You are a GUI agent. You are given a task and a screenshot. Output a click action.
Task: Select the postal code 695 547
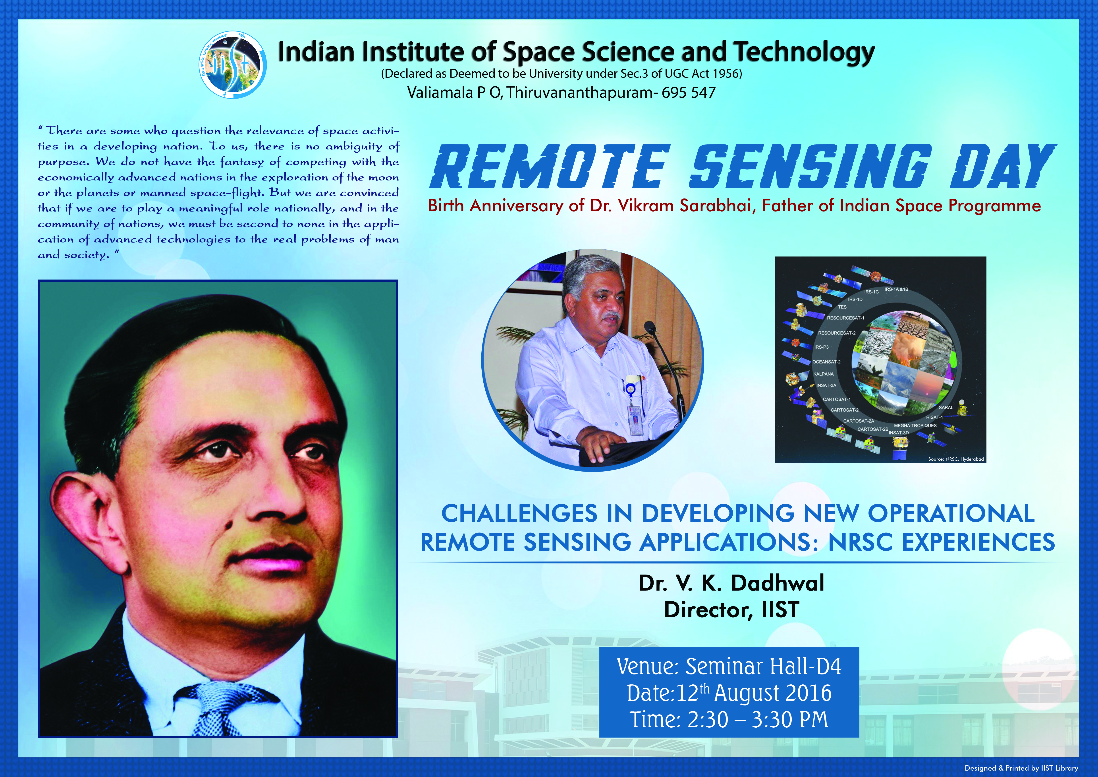689,92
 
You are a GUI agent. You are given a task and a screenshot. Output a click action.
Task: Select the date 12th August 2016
754,693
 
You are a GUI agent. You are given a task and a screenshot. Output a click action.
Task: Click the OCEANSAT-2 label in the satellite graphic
826,362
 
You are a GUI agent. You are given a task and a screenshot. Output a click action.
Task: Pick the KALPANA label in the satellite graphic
824,374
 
